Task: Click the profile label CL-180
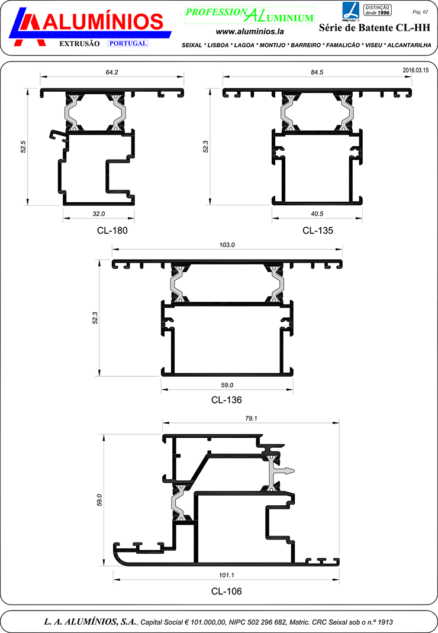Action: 112,231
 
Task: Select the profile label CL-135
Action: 318,231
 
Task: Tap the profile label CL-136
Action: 226,400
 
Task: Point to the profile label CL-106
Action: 226,591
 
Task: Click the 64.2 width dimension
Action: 112,72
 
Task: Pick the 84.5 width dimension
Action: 317,72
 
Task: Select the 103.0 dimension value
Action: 227,245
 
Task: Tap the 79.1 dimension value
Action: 251,419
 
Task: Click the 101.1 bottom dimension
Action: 227,575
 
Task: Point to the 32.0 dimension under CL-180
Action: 99,214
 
